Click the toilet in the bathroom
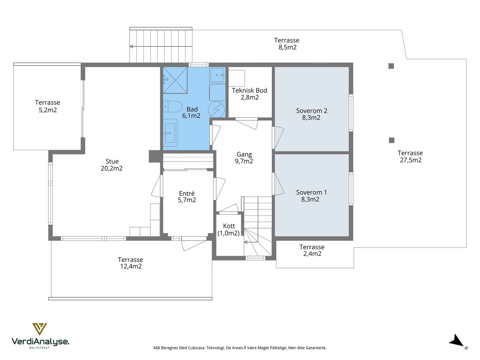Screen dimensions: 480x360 pos(172,107)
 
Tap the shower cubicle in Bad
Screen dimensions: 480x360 pos(175,80)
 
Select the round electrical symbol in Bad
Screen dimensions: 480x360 pos(216,109)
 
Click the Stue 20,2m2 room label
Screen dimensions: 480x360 pos(112,165)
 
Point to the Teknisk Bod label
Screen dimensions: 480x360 pos(250,90)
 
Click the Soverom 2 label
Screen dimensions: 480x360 pos(312,111)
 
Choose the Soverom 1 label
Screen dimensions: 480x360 pos(311,192)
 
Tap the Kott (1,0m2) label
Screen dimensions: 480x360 pos(229,229)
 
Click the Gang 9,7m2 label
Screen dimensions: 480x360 pos(244,157)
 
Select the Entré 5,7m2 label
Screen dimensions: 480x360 pos(187,196)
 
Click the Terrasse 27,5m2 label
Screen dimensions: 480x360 pos(410,157)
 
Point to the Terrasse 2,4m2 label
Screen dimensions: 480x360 pos(312,250)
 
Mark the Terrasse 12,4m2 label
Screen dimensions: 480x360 pos(130,263)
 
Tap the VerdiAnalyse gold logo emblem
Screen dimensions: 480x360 pos(40,329)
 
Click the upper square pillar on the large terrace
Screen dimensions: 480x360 pos(391,66)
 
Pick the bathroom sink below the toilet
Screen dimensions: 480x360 pos(170,133)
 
